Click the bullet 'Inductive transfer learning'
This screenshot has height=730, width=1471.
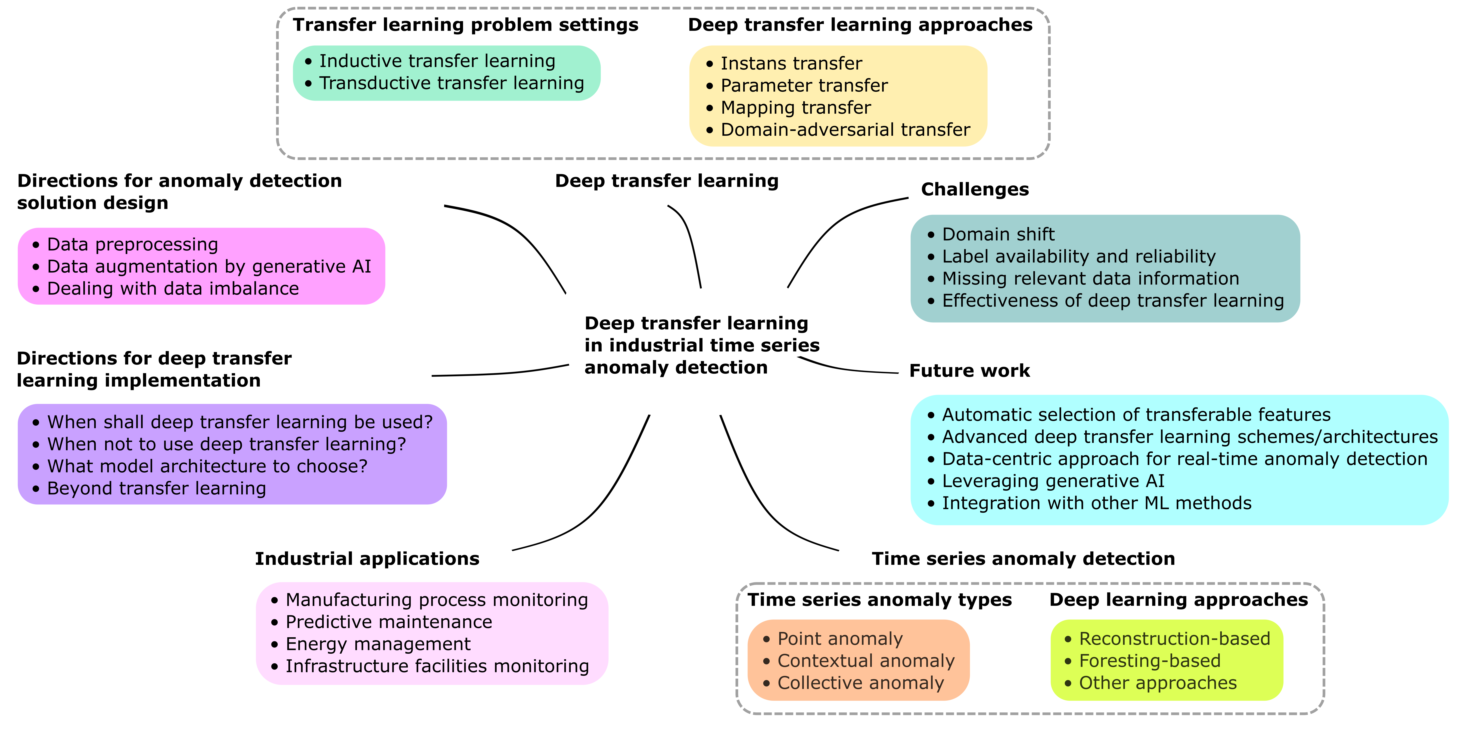point(437,61)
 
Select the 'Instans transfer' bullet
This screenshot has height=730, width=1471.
point(791,63)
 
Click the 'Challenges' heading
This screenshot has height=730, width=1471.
point(975,189)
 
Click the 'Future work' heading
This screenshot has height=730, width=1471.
point(969,371)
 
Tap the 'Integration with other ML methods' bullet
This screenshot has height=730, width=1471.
point(1096,503)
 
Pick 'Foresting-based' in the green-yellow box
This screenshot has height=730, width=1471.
point(1149,661)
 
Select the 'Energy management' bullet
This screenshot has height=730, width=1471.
point(378,644)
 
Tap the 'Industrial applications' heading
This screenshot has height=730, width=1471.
point(367,559)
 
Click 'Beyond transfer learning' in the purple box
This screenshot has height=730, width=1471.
point(156,489)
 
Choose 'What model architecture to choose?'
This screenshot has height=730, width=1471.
point(207,466)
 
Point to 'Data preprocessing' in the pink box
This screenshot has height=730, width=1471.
point(132,244)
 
